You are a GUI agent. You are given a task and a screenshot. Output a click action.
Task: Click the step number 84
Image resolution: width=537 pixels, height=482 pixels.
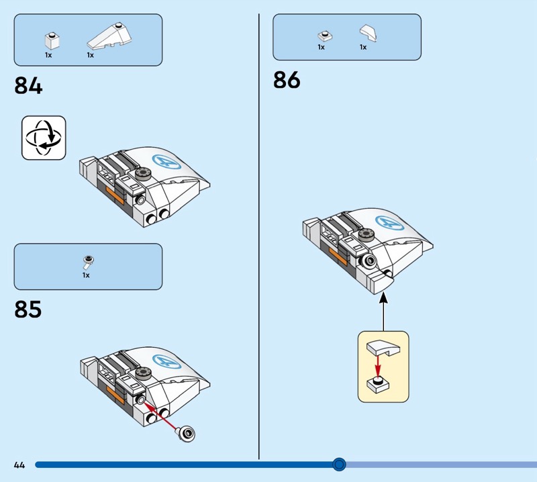(28, 86)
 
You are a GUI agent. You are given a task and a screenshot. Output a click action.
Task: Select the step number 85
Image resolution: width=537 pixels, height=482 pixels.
(28, 309)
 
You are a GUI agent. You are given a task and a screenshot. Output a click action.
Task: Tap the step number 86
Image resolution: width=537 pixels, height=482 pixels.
(287, 80)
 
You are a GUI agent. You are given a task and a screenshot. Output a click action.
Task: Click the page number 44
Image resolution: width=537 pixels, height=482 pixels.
(19, 465)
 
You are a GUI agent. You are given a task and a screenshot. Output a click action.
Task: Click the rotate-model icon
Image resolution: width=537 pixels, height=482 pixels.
(44, 138)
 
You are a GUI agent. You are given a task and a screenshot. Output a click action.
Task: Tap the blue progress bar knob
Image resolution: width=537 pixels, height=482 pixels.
(339, 464)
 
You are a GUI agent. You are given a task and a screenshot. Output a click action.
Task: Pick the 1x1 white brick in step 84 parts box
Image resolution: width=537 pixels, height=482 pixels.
(52, 41)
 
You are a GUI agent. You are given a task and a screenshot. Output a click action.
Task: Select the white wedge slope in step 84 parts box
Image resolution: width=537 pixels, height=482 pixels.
(109, 36)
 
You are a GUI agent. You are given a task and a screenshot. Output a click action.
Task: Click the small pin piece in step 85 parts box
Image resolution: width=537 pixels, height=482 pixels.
(89, 262)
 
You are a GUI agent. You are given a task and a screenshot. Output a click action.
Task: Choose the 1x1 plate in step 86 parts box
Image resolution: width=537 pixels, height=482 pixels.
(325, 36)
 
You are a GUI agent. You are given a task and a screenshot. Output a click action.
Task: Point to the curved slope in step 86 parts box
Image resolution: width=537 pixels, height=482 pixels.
(368, 33)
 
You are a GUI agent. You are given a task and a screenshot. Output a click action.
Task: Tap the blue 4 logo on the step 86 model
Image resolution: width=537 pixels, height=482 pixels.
(390, 223)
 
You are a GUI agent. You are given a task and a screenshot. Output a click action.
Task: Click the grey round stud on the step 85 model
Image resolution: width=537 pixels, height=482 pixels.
(143, 373)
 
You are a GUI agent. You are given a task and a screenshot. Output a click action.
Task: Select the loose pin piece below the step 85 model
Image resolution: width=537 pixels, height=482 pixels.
(186, 434)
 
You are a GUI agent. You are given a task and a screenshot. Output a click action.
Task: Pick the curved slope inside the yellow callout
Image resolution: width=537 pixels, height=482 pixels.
(383, 348)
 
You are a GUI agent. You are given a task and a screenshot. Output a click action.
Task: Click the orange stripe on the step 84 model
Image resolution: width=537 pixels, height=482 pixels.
(115, 195)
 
